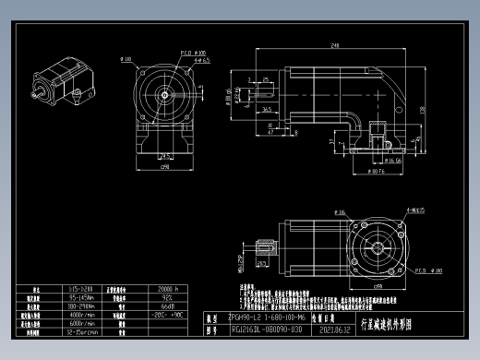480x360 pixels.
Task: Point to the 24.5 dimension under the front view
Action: point(164,154)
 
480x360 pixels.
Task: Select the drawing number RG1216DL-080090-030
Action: point(266,328)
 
